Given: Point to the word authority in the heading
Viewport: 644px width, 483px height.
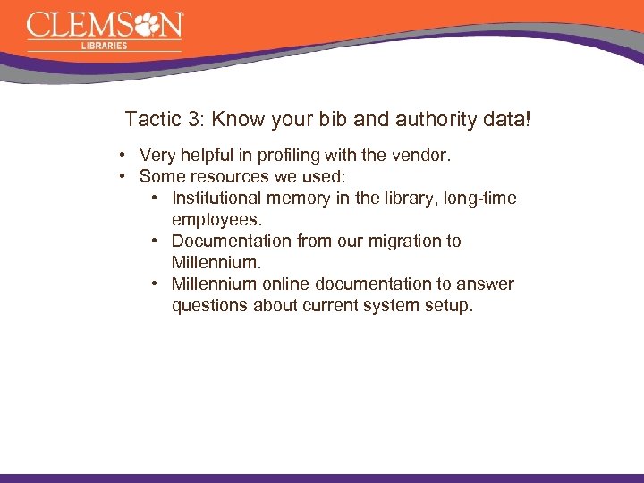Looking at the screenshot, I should click(415, 119).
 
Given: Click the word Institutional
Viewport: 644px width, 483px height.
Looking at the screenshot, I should click(218, 199).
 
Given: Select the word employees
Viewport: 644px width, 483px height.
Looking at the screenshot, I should click(216, 220).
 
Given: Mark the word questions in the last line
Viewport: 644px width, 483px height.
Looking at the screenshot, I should click(210, 306).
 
